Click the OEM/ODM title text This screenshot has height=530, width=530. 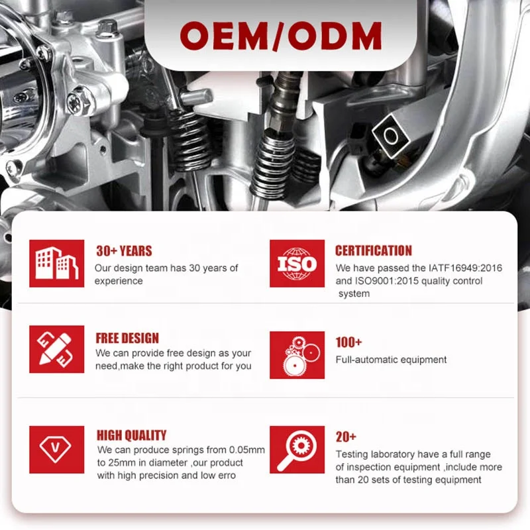280,34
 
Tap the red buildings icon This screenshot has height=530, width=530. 57,263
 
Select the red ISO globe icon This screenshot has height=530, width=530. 297,263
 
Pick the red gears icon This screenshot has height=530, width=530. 297,354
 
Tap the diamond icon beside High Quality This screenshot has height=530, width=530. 57,449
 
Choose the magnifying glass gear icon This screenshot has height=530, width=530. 297,449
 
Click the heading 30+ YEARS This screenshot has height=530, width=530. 124,251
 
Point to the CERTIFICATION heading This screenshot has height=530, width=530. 373,251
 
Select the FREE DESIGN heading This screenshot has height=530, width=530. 127,339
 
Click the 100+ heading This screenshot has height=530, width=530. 348,343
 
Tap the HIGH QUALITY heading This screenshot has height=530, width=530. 131,435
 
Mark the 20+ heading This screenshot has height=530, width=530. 346,437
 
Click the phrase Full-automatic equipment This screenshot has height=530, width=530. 391,360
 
